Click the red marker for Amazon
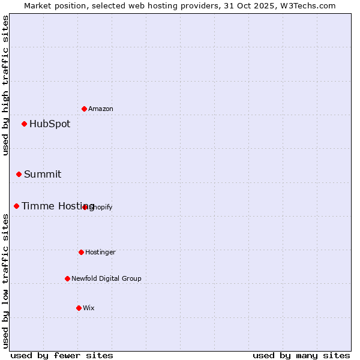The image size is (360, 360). [x=85, y=109]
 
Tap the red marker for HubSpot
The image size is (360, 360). [x=25, y=124]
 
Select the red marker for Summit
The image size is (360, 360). [x=19, y=175]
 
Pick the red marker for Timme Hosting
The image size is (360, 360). [x=17, y=206]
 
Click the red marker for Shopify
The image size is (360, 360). [x=85, y=207]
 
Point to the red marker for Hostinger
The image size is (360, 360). [x=82, y=253]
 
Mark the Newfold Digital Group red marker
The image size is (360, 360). [x=68, y=278]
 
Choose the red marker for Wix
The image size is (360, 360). [x=79, y=308]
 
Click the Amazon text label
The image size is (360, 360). [x=101, y=109]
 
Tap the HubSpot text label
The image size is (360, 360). [x=50, y=124]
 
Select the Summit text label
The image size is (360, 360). [x=43, y=175]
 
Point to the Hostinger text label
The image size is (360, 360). [x=100, y=253]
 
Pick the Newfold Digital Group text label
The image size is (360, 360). [x=106, y=278]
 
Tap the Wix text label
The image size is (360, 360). [x=89, y=308]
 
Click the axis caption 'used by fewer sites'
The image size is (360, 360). [x=62, y=355]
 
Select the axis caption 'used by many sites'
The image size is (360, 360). [x=301, y=355]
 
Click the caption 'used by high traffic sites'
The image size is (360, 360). [x=6, y=85]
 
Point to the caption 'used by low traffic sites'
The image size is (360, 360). [x=6, y=281]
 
